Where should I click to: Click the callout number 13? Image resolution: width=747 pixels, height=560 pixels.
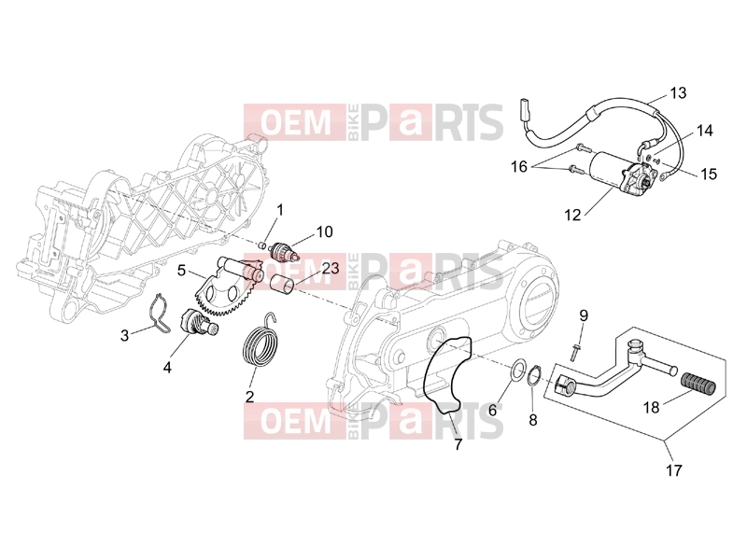[x=678, y=92]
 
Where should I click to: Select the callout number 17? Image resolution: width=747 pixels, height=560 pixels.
[x=674, y=470]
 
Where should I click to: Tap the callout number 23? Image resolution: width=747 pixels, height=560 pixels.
[x=331, y=268]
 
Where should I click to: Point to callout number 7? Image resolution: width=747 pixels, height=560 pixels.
[x=458, y=445]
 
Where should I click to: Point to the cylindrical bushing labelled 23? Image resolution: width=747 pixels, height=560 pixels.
[x=282, y=284]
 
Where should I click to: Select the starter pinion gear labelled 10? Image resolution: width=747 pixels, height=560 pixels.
[x=285, y=251]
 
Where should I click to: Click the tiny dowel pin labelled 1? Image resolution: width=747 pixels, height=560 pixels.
[x=262, y=245]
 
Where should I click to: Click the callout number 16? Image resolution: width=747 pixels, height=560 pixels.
[x=519, y=167]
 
